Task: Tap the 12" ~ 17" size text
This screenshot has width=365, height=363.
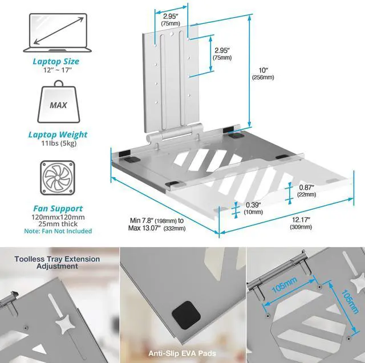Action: tap(55, 70)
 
